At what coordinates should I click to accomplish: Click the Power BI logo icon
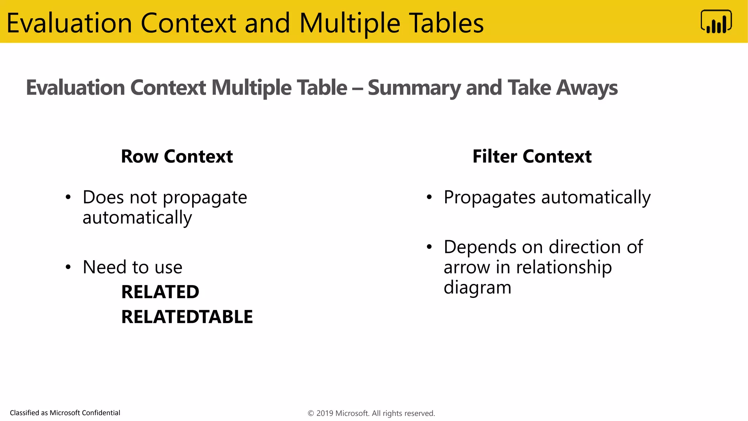[716, 22]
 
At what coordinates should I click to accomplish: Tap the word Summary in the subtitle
[414, 88]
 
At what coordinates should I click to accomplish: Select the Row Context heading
[177, 156]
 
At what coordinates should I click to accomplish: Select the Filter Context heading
[532, 156]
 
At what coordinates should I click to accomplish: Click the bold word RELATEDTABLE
[187, 316]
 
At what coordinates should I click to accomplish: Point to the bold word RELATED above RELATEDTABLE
[160, 292]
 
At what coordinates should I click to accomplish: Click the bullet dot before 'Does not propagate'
[68, 198]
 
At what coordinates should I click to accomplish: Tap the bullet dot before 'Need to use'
[68, 267]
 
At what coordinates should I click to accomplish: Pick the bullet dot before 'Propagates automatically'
[429, 198]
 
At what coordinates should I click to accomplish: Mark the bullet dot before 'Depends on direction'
[429, 247]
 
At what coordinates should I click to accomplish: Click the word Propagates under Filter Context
[490, 198]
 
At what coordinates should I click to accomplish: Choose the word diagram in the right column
[477, 288]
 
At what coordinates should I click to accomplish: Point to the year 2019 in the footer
[324, 413]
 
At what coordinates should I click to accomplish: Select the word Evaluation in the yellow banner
[69, 23]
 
